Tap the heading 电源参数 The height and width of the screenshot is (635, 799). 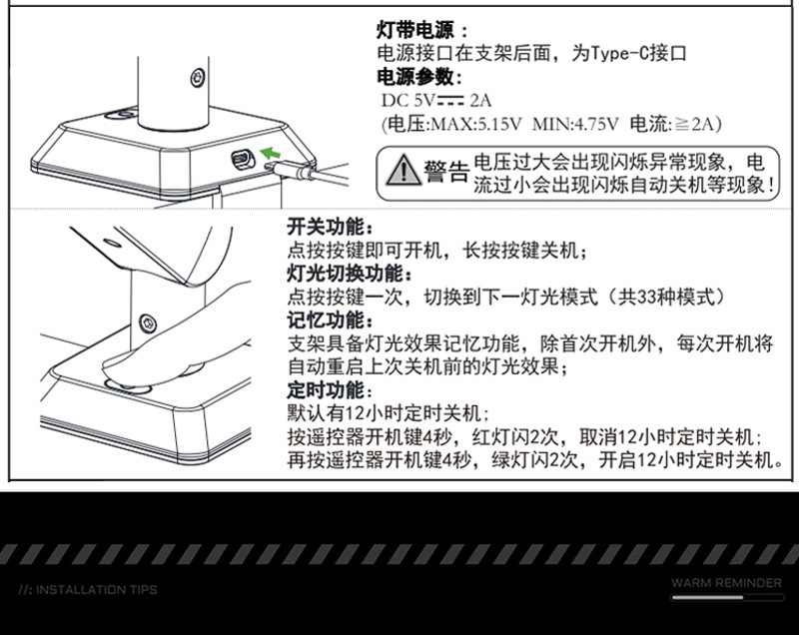tap(417, 77)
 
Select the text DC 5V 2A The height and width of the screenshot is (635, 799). tap(437, 100)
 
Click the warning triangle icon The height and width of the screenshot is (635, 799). tap(402, 171)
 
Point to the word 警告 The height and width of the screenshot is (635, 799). tap(445, 172)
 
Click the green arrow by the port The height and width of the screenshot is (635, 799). tap(270, 153)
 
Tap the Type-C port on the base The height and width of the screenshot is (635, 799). tap(241, 158)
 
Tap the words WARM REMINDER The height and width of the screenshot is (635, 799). tap(725, 582)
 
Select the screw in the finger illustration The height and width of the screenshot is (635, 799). tap(148, 322)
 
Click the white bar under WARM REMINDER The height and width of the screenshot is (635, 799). tap(725, 597)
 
